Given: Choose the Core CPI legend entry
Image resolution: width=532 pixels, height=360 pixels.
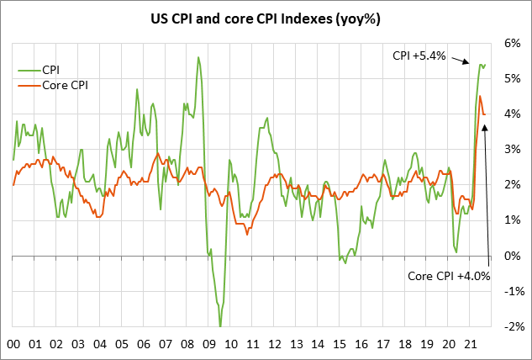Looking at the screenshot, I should coord(50,85).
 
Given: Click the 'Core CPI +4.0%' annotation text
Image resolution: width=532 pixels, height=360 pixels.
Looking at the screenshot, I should coord(449,275).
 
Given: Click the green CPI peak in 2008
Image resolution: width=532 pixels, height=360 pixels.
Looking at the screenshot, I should coord(198,57).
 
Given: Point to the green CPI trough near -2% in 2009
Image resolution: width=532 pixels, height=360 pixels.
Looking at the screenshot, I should coord(220,326).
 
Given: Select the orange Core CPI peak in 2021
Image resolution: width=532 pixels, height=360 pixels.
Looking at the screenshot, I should coord(480,96).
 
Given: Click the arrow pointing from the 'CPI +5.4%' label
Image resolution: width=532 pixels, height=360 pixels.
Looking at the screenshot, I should coord(461,61).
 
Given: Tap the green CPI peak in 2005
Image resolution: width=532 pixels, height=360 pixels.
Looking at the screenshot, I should coord(137,89).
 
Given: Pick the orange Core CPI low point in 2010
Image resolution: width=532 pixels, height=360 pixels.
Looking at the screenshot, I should coord(247,234).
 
